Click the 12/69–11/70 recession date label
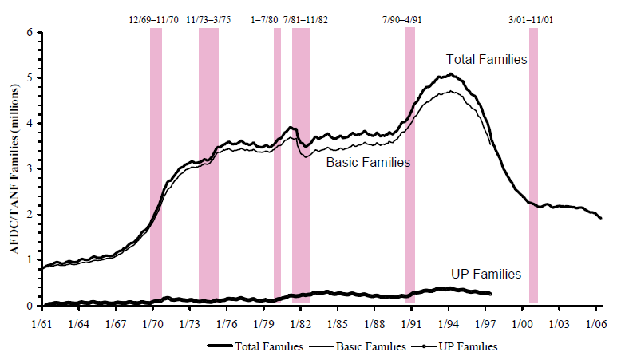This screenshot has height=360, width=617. (156, 19)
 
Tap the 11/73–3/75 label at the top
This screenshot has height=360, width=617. (209, 19)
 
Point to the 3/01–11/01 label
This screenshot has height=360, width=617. (534, 19)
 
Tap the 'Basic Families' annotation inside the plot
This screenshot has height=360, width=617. (368, 162)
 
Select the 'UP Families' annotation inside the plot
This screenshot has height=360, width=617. (485, 274)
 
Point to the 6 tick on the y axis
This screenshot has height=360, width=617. (32, 33)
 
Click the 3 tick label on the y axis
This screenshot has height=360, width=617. (32, 169)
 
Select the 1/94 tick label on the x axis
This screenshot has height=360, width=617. (449, 323)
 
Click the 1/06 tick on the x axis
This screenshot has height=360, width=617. (595, 323)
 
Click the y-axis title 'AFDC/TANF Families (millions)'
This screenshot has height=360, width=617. (14, 169)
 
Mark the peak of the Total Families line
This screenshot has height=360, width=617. (450, 74)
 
